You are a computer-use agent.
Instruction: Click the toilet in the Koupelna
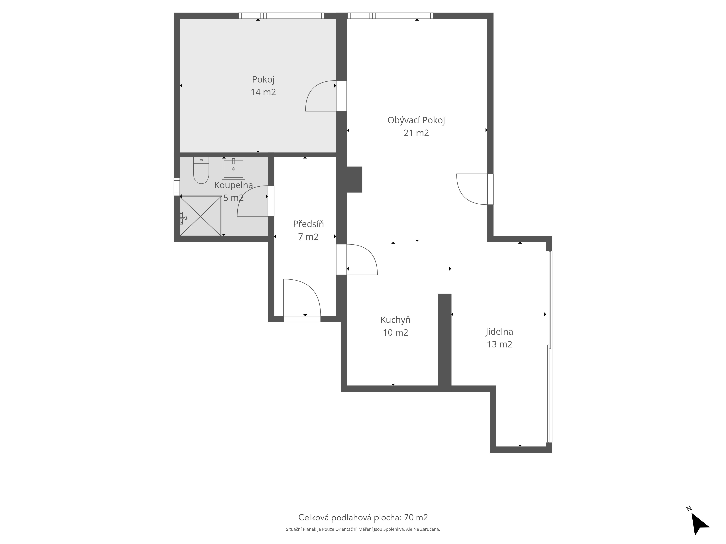click(x=201, y=170)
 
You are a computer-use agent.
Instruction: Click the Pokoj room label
click(x=263, y=80)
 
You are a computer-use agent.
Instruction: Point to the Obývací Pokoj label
click(x=416, y=120)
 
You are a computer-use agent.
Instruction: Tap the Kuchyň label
click(x=395, y=320)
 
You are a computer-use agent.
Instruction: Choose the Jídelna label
click(x=499, y=332)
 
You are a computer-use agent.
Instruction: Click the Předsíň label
click(x=308, y=224)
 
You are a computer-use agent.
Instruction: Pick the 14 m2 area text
click(x=263, y=92)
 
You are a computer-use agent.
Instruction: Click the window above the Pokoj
click(x=281, y=16)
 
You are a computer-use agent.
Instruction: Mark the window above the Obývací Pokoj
click(x=390, y=16)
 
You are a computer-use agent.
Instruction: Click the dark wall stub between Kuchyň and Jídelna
click(x=445, y=340)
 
